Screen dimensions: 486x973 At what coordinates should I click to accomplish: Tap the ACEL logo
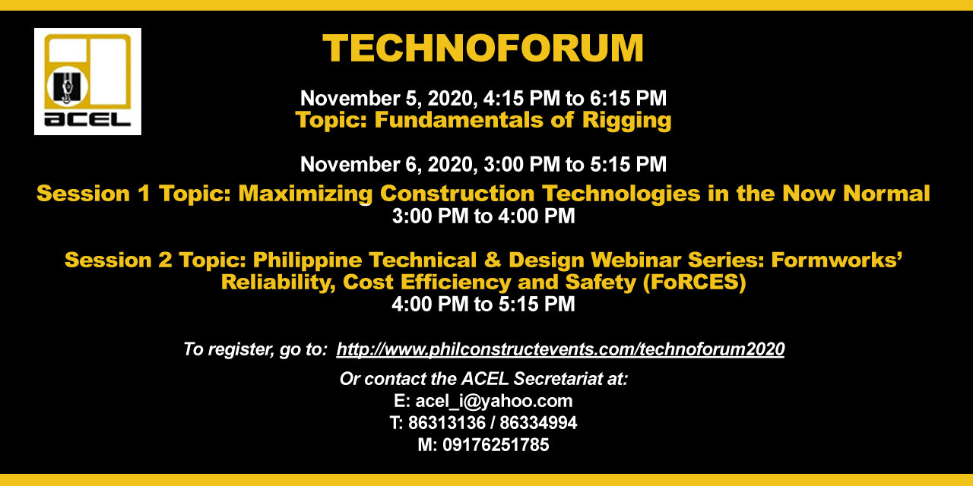87,81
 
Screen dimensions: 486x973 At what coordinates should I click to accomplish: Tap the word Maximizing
306,194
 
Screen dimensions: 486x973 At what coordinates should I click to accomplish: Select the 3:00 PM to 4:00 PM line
483,216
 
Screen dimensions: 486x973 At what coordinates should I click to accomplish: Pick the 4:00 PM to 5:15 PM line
483,305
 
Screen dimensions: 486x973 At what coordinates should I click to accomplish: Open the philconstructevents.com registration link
560,349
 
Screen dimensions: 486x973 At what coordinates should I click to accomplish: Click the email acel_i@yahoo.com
493,401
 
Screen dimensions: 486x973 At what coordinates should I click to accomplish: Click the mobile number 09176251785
493,445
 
